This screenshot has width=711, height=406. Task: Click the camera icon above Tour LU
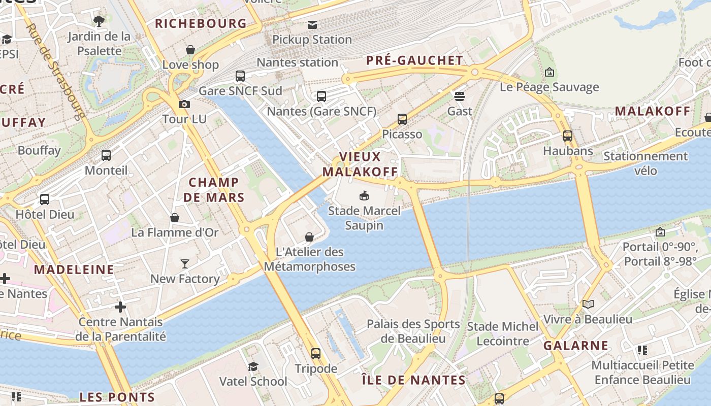coord(184,104)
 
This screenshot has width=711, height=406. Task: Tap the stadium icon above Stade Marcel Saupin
coord(364,195)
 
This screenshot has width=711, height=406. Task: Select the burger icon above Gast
coord(460,96)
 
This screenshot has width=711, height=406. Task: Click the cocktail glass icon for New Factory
coord(185,263)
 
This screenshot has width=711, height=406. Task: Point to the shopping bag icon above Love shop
coord(190,50)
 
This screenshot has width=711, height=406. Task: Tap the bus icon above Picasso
coord(402,119)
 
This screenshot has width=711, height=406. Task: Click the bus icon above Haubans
coord(568,136)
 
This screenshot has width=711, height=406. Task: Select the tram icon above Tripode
coord(316,353)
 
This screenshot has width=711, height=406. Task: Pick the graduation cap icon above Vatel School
coord(253,366)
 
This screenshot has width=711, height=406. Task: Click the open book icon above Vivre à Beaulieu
coord(588,304)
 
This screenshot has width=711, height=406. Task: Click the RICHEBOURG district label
coord(201,23)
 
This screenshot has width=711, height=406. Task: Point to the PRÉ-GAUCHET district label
coord(415,60)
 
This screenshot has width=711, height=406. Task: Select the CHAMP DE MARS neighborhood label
coord(214,190)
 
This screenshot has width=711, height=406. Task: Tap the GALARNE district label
coord(576,346)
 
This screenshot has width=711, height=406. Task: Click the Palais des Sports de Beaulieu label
coord(413,331)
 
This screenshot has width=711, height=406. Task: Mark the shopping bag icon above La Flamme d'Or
coord(175,218)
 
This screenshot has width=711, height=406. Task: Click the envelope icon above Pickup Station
coord(312,24)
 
